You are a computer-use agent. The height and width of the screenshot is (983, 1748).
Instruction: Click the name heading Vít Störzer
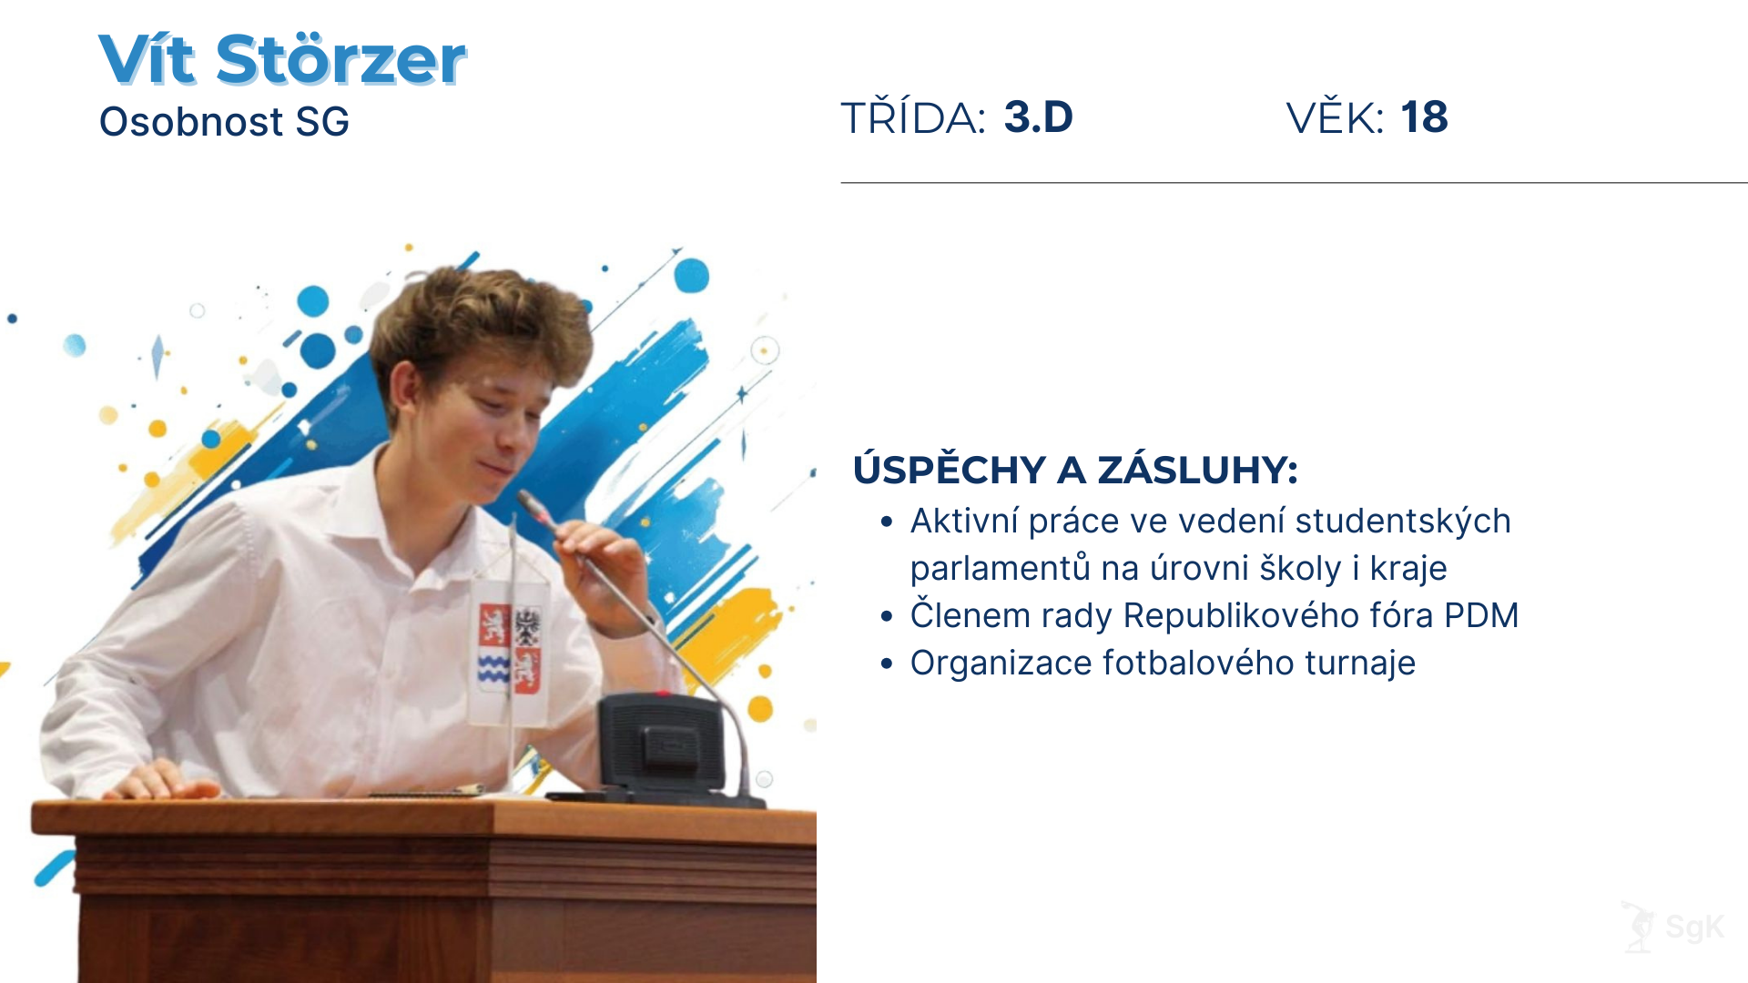tap(282, 60)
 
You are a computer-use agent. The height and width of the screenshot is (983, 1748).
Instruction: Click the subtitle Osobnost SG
tap(224, 122)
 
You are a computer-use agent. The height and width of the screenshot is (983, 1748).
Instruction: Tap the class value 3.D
tap(1038, 117)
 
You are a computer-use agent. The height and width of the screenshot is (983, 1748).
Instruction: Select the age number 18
tap(1424, 117)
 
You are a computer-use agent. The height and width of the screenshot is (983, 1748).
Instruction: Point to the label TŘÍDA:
tap(912, 118)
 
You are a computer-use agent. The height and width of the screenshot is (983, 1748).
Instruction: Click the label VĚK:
tap(1335, 118)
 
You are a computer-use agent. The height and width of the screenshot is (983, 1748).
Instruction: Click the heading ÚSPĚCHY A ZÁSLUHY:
tap(1075, 471)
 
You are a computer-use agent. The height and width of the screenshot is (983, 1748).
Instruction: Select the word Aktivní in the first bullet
tap(964, 522)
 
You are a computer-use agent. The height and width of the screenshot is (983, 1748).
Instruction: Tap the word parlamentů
tap(1000, 569)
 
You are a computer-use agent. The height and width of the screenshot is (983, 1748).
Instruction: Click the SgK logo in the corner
tap(1674, 927)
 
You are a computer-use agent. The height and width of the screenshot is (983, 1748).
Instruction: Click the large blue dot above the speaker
tap(691, 275)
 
